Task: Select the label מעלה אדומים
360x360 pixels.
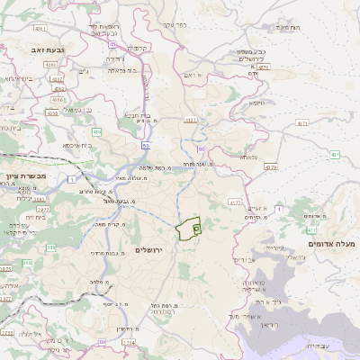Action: tap(333, 244)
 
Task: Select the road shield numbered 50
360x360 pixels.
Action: tap(145, 144)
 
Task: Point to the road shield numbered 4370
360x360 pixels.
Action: tap(272, 166)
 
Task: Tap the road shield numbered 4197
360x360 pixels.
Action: tap(190, 118)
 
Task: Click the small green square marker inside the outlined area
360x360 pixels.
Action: tap(195, 229)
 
